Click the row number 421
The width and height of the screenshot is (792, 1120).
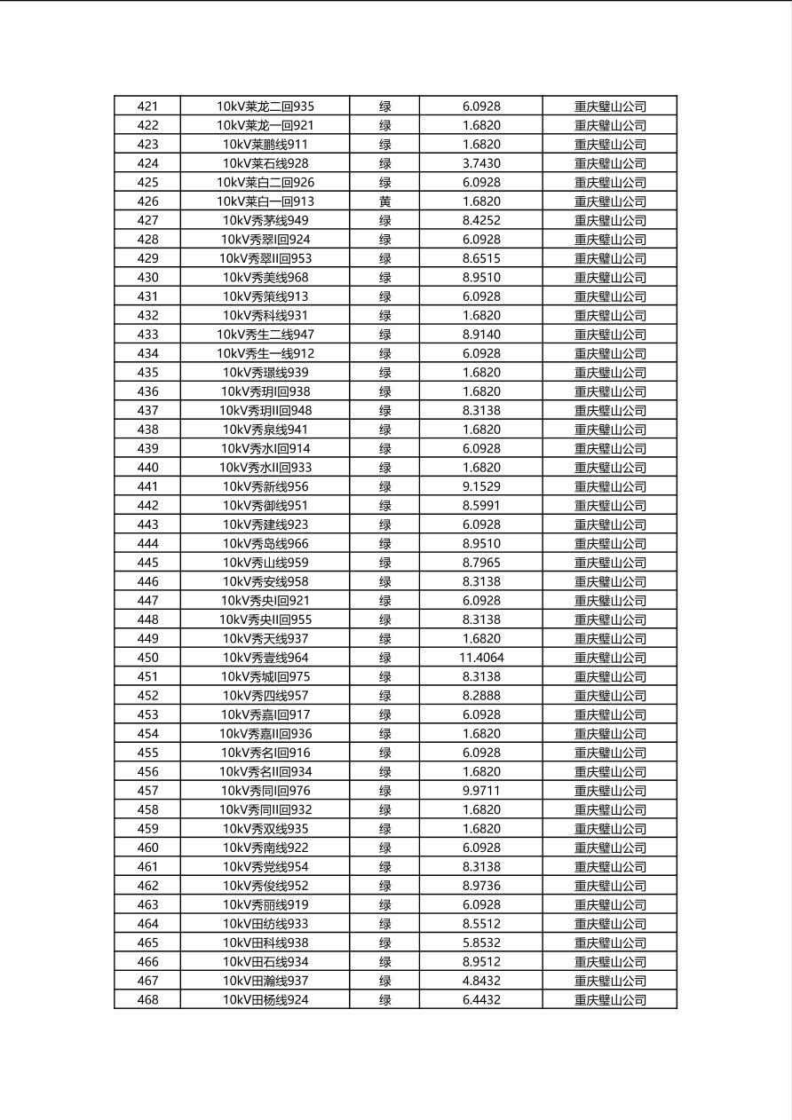pyautogui.click(x=147, y=106)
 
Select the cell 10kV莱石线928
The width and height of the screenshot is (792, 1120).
pyautogui.click(x=265, y=163)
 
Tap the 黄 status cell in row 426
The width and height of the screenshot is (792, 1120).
pyautogui.click(x=384, y=201)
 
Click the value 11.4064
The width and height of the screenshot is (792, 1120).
pyautogui.click(x=481, y=658)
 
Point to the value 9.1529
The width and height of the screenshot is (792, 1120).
pyautogui.click(x=481, y=486)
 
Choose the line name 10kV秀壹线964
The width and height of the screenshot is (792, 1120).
pyautogui.click(x=265, y=658)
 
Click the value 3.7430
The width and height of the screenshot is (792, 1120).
pyautogui.click(x=481, y=163)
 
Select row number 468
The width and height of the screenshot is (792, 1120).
pyautogui.click(x=147, y=1000)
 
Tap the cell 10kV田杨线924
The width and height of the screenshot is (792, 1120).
pyautogui.click(x=265, y=1000)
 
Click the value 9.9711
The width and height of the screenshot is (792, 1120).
pyautogui.click(x=481, y=791)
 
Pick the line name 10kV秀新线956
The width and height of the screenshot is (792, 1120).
pyautogui.click(x=265, y=486)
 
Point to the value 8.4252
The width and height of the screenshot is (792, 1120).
pyautogui.click(x=481, y=220)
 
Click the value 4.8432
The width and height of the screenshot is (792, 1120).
pyautogui.click(x=481, y=981)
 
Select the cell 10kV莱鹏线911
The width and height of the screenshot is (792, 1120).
pyautogui.click(x=265, y=145)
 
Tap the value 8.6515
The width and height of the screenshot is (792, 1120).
pyautogui.click(x=481, y=258)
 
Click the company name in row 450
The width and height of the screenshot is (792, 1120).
pyautogui.click(x=610, y=658)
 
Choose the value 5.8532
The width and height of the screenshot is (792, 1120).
pyautogui.click(x=481, y=943)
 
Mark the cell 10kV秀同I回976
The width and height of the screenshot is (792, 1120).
pyautogui.click(x=265, y=791)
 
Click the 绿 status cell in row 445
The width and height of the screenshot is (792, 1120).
pyautogui.click(x=384, y=563)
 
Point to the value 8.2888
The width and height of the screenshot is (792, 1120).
pyautogui.click(x=481, y=696)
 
